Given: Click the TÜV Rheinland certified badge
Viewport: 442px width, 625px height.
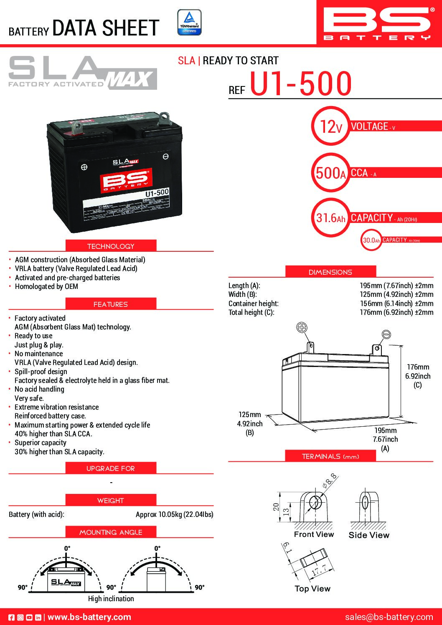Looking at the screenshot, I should (x=189, y=22).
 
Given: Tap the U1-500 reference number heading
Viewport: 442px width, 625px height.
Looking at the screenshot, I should (x=301, y=84).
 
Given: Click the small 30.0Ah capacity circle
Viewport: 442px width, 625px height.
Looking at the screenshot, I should (x=371, y=240).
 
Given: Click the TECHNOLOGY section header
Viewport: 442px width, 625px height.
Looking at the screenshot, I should (x=111, y=246).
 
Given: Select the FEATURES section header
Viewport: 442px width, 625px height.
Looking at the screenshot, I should (x=111, y=304).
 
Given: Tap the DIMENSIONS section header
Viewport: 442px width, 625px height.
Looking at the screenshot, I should (x=330, y=272).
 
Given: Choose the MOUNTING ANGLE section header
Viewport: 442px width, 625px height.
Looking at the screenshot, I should (x=111, y=532).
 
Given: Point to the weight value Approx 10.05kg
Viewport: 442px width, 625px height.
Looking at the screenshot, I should (x=174, y=514).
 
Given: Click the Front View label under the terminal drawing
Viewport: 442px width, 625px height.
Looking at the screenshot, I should (x=314, y=534).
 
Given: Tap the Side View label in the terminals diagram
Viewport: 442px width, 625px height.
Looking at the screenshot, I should (x=368, y=535).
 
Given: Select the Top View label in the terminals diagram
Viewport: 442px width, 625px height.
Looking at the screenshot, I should (x=312, y=589).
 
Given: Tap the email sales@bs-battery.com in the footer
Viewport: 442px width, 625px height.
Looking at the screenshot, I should (x=389, y=617).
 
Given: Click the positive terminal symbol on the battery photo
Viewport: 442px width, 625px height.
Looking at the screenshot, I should (x=84, y=167).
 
